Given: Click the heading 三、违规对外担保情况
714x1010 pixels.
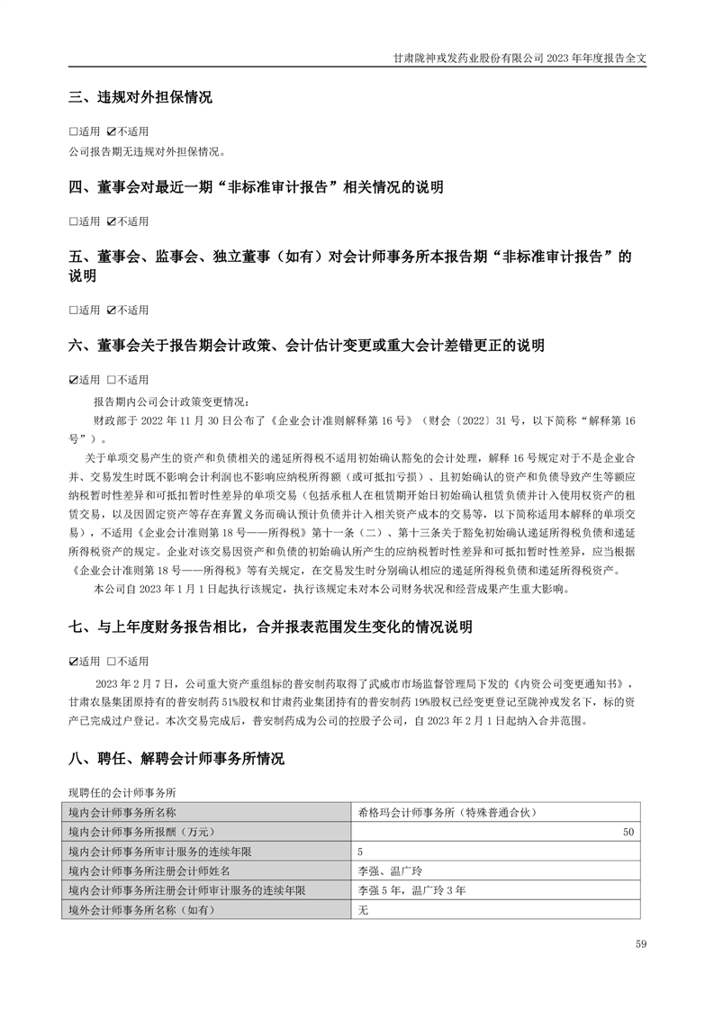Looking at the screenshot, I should coord(140,97).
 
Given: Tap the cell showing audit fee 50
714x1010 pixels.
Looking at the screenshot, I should coord(628,831).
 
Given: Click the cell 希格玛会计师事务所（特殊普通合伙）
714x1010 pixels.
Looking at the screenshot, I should coord(447,812).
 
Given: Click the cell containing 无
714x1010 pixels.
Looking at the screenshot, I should coord(364,910).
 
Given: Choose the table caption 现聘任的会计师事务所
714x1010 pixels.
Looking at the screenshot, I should coord(122,791).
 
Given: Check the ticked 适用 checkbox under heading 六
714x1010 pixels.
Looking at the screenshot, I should coord(74,379).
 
